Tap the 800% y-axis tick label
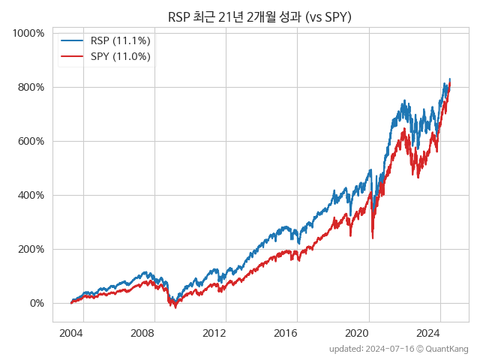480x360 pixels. coord(31,88)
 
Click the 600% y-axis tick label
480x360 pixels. coord(31,142)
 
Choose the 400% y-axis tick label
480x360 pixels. coord(31,196)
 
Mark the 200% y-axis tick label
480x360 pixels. coord(31,250)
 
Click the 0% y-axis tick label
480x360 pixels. coord(36,304)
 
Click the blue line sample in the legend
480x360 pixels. coord(72,40)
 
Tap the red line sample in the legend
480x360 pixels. coord(72,56)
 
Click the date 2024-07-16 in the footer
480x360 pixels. coord(388,349)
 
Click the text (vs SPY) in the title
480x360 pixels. coord(323,16)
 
